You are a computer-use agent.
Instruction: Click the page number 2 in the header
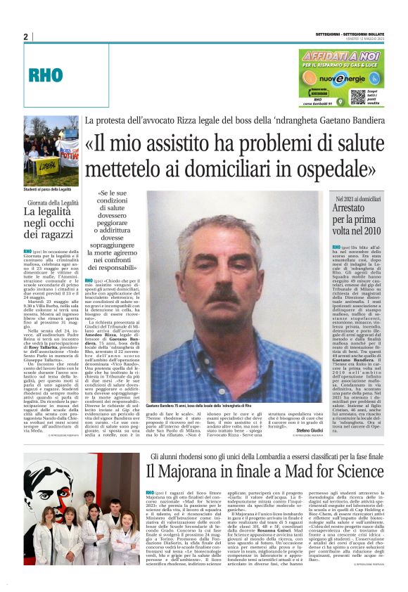coord(25,37)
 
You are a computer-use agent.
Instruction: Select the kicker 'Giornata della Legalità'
coord(51,202)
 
